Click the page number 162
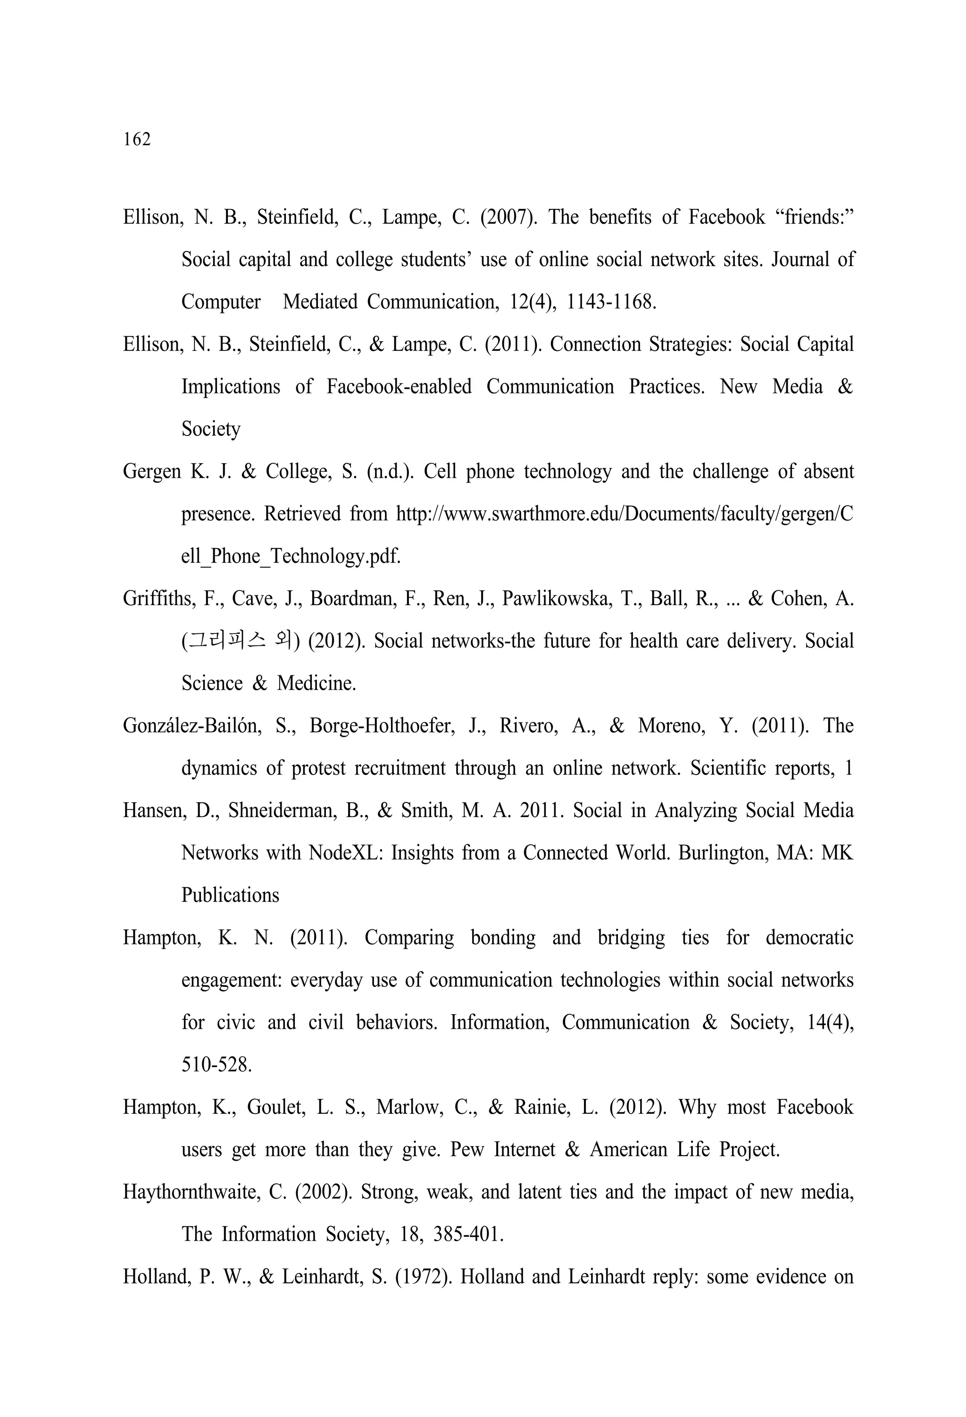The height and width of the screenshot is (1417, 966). pos(137,140)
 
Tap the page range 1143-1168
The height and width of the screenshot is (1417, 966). pos(611,302)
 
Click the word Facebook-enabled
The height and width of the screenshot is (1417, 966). pos(399,387)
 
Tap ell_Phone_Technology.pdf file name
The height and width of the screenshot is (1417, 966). pos(291,556)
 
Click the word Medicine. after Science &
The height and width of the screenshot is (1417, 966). pos(316,683)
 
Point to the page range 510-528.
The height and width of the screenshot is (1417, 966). pos(217,1065)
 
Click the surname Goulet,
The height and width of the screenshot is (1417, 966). pos(275,1107)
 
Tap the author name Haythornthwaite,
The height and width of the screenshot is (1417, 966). pos(191,1192)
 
